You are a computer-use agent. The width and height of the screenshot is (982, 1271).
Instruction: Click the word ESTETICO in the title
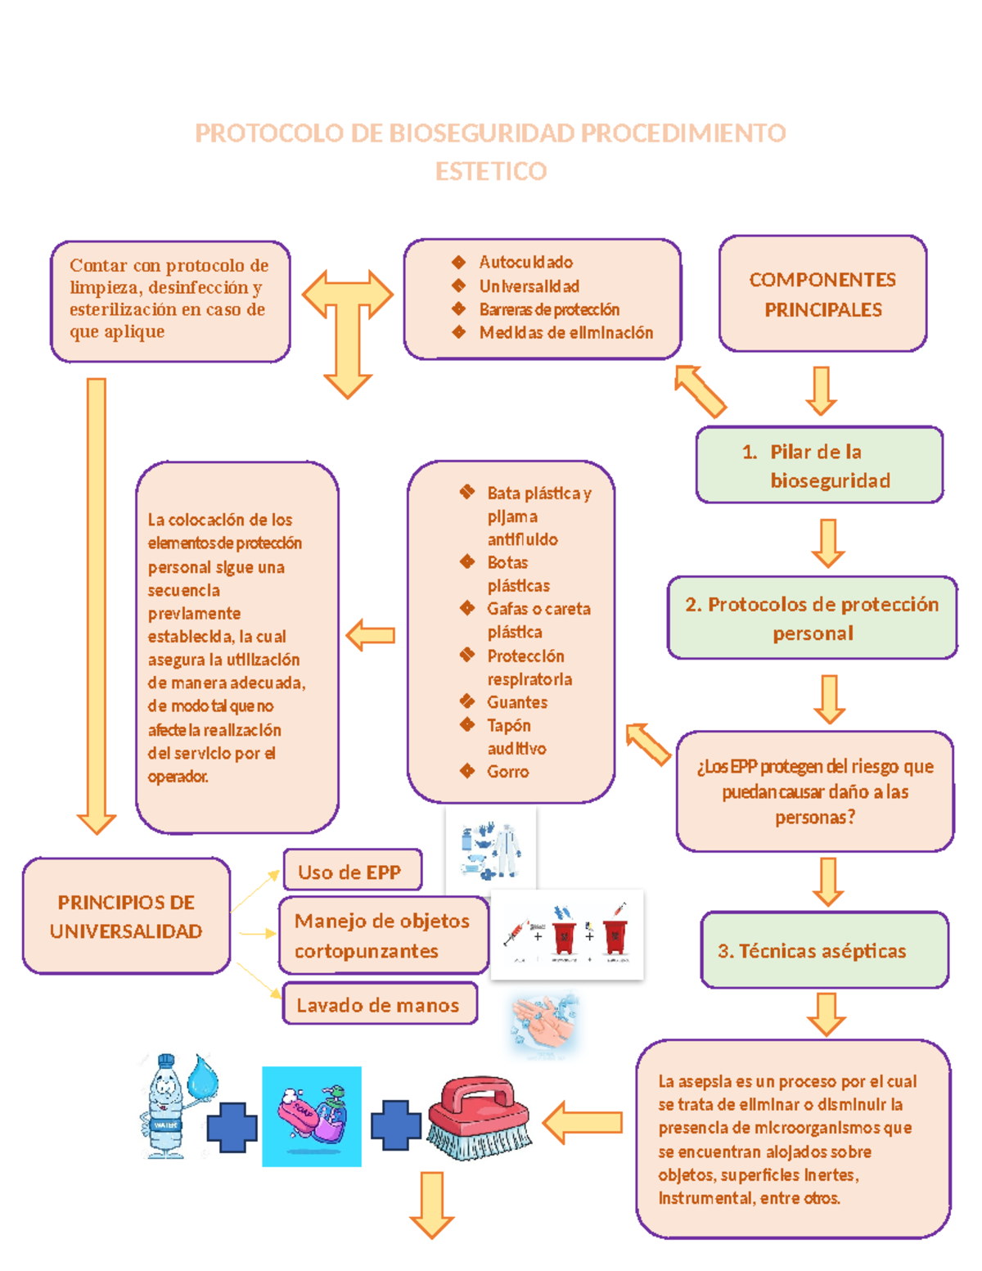coord(491,172)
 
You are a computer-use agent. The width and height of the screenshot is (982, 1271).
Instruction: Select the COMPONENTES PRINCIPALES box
coord(822,294)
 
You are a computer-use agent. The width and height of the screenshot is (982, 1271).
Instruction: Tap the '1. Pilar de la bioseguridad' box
coord(819,465)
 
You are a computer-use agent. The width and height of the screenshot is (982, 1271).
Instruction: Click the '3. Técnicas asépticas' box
coord(824,950)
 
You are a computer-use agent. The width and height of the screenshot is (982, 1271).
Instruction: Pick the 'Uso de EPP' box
coord(352,871)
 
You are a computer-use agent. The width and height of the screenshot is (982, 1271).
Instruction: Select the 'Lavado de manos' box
coord(379,1004)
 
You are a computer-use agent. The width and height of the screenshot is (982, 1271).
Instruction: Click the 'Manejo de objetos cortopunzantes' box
coord(382,935)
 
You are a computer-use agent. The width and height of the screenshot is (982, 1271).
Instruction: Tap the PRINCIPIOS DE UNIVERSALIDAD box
coord(126,916)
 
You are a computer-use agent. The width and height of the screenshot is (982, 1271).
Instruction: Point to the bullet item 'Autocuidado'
coord(525,262)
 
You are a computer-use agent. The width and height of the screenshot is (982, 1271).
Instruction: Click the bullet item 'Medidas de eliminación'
coord(566,332)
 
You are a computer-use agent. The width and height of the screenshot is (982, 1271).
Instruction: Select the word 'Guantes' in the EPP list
coord(517,702)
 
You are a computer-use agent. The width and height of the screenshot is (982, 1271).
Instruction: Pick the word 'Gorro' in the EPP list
coord(508,771)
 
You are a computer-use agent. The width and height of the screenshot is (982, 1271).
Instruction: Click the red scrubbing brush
coord(480,1117)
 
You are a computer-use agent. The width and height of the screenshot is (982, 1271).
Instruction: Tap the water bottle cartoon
coord(168,1106)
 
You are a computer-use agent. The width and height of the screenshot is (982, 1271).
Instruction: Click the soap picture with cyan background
coord(312,1116)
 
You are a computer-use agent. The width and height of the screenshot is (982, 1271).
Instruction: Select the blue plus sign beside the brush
coord(395,1125)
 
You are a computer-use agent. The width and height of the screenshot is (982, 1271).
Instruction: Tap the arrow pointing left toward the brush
coord(583,1122)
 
